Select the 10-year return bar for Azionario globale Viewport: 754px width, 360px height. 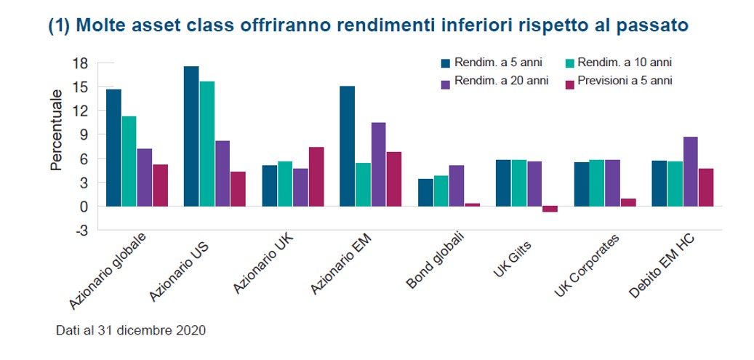[x=129, y=161]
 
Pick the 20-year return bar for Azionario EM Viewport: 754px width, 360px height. [x=379, y=164]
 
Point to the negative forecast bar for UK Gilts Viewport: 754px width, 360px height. [x=550, y=209]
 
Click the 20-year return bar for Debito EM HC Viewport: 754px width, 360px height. [x=690, y=172]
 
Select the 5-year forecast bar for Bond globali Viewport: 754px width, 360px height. [x=473, y=204]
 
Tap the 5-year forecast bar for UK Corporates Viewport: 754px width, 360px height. [x=628, y=202]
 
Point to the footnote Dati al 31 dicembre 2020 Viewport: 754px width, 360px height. [x=131, y=330]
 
